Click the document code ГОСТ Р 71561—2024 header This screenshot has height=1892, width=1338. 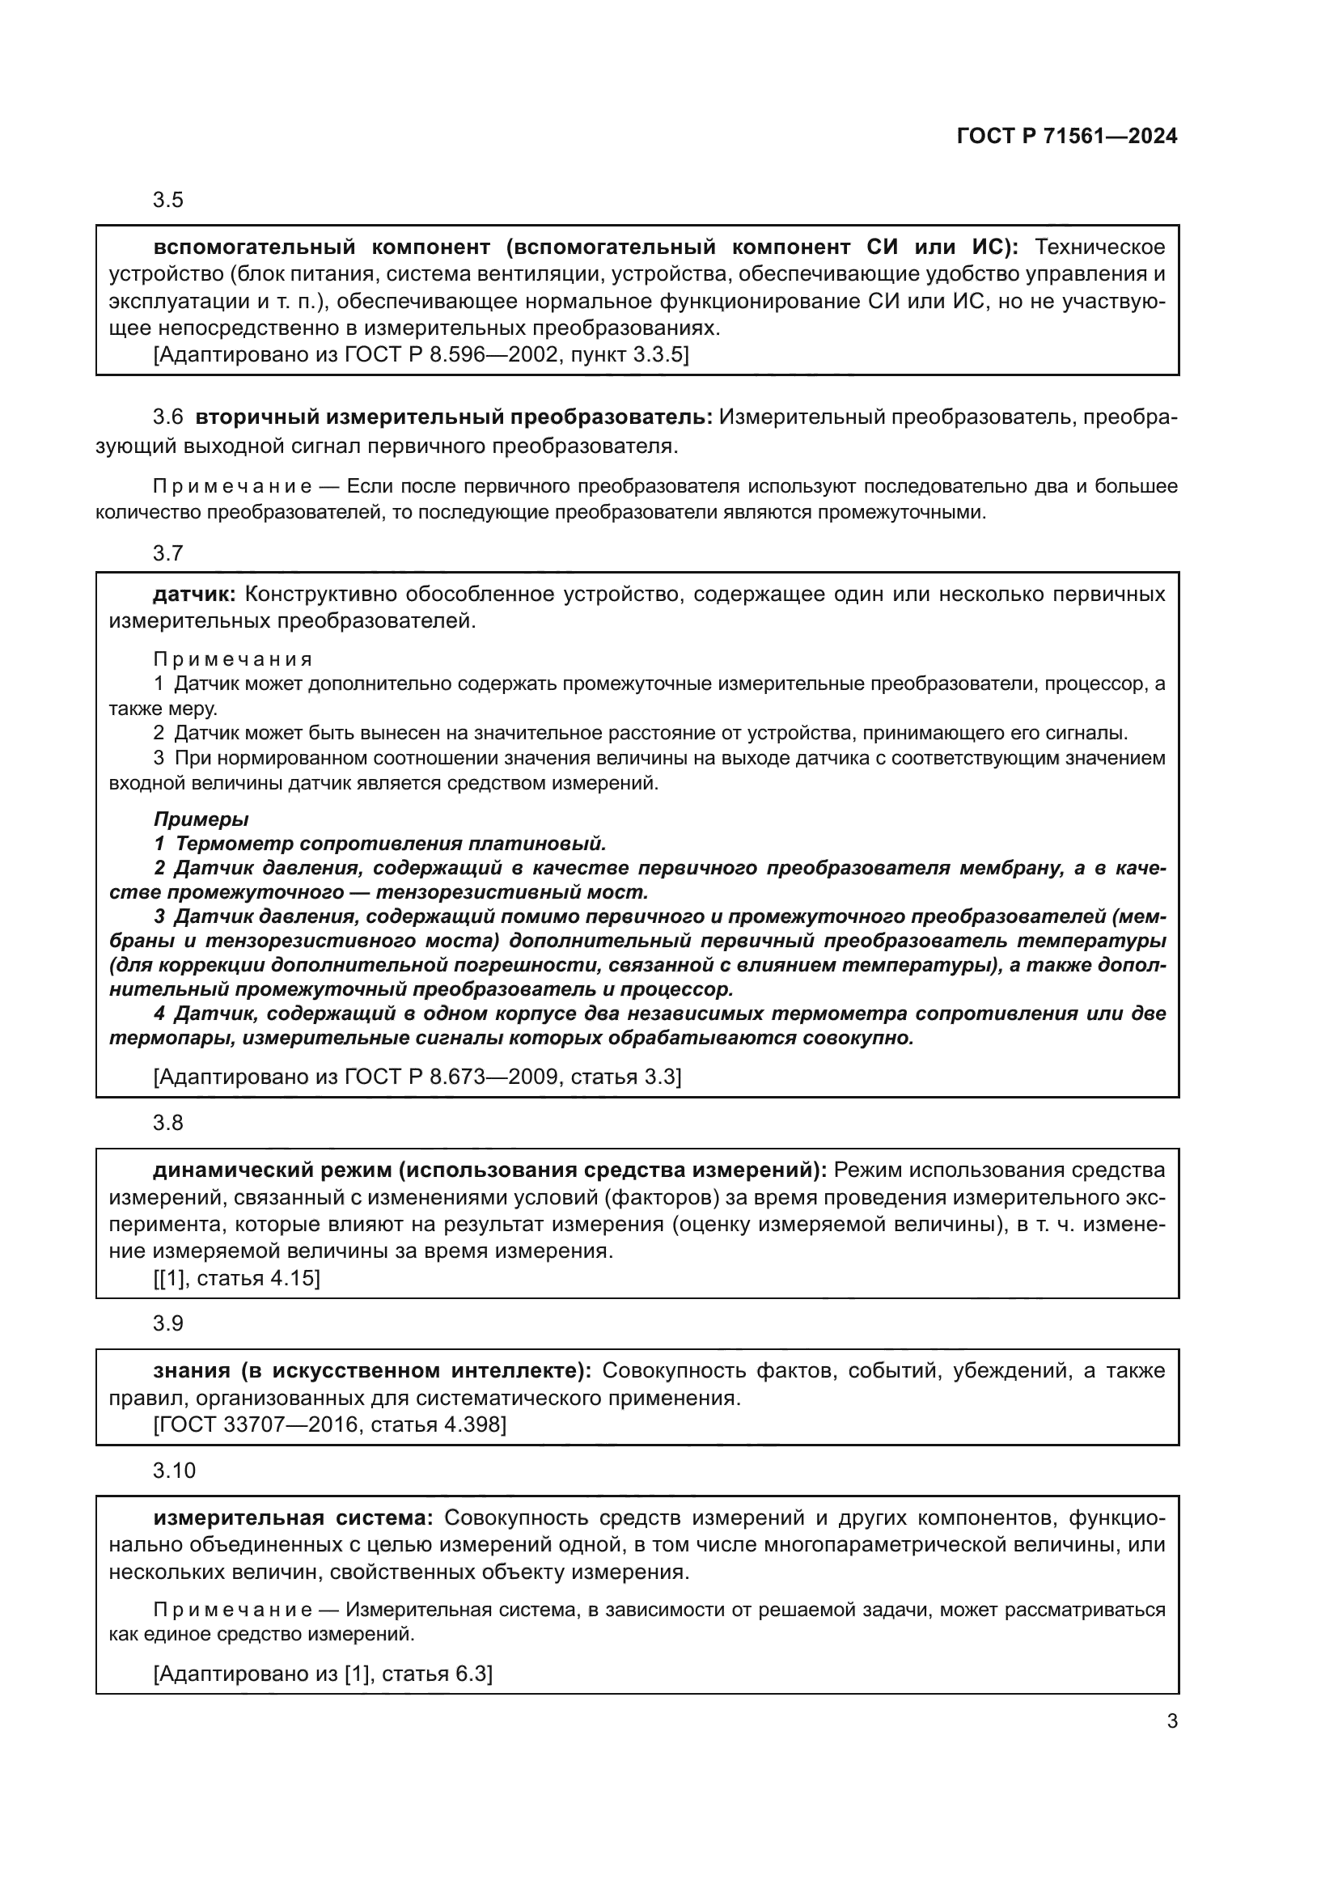tap(1067, 137)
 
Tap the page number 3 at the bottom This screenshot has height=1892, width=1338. tap(1171, 1721)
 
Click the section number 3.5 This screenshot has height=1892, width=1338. tap(168, 201)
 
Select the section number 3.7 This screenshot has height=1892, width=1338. tap(168, 553)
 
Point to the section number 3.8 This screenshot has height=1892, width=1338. tap(168, 1123)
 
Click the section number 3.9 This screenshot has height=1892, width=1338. tap(168, 1323)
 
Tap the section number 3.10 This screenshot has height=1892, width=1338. tap(174, 1470)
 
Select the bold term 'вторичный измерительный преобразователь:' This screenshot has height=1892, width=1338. tap(454, 417)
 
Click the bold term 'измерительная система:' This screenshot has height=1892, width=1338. tap(294, 1517)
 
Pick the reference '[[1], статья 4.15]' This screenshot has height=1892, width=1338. tap(236, 1278)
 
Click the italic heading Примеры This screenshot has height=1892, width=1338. tap(201, 819)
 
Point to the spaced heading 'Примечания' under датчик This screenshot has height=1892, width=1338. tap(233, 659)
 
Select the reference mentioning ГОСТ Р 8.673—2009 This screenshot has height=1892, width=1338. tap(417, 1076)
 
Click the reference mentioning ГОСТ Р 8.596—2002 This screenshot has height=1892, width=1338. tap(421, 355)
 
